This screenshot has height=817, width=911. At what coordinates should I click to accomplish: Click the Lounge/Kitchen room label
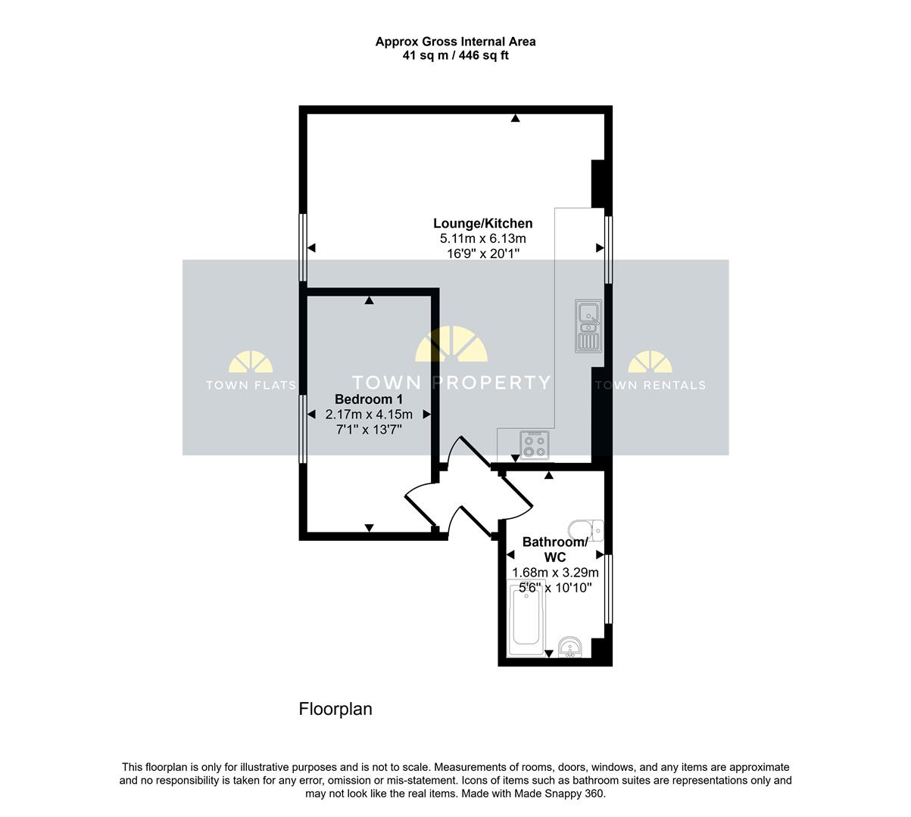(482, 223)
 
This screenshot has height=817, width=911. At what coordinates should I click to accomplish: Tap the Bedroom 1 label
(369, 399)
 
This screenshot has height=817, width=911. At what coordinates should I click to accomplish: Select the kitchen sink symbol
(588, 325)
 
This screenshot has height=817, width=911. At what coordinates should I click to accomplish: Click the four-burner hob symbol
(535, 445)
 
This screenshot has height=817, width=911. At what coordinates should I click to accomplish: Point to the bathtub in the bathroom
(526, 619)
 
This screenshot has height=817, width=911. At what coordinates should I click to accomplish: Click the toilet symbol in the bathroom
(585, 530)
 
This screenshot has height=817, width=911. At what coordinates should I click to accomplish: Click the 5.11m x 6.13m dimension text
(482, 238)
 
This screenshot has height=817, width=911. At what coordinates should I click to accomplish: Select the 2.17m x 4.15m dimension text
(369, 414)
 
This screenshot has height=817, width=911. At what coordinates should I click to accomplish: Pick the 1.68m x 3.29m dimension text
(555, 573)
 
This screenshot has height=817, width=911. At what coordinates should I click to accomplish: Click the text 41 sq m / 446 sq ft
(456, 56)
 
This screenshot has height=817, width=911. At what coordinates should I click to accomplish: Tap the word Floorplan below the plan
(335, 709)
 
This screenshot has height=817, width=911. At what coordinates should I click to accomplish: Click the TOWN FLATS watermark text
(251, 385)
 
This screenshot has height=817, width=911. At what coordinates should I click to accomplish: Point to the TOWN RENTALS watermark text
(650, 385)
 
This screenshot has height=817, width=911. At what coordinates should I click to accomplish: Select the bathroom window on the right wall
(608, 589)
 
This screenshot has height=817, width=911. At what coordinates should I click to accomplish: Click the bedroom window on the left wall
(303, 429)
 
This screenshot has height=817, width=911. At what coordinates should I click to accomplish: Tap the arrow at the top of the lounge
(515, 118)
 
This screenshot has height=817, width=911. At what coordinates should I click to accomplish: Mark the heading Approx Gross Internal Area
(456, 42)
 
